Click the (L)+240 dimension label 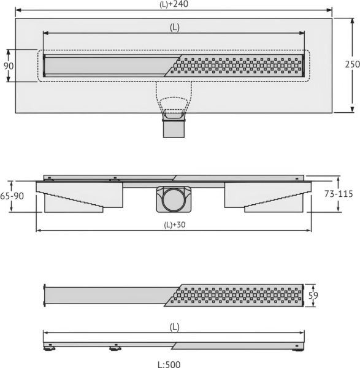pos(174,4)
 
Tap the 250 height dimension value pos(352,64)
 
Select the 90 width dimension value pos(9,66)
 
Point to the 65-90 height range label pos(12,196)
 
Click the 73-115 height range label pos(339,194)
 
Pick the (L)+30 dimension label pos(175,225)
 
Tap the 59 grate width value pos(313,296)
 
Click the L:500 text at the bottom pos(169,364)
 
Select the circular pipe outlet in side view pos(174,199)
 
